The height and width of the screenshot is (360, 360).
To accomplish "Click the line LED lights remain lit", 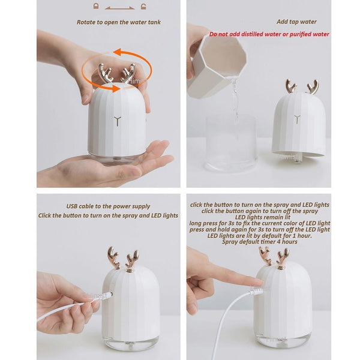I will (x=259, y=217).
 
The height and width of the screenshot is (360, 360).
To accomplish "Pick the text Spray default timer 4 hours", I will (x=259, y=242).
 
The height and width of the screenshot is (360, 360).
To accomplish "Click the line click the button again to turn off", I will (x=259, y=211).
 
